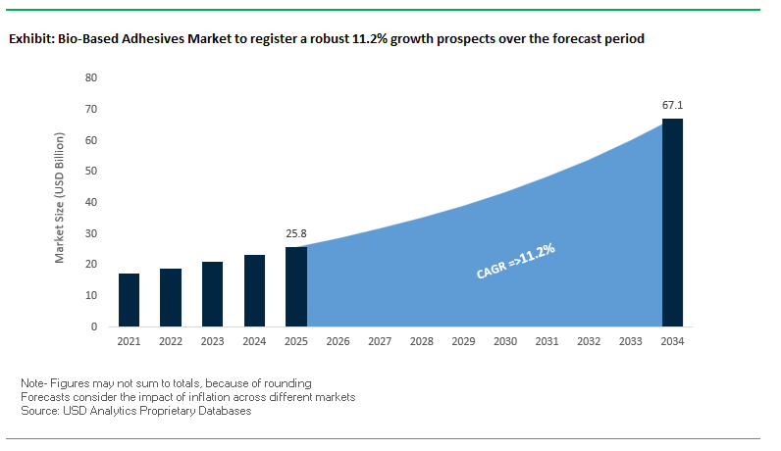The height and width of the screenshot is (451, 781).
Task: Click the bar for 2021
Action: pyautogui.click(x=129, y=300)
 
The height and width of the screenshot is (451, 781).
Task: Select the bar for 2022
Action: pyautogui.click(x=171, y=297)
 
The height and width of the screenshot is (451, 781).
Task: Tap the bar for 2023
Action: pyautogui.click(x=212, y=294)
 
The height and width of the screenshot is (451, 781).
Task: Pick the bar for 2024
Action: pyautogui.click(x=254, y=290)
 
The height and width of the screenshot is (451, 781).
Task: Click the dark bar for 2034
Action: pyautogui.click(x=672, y=223)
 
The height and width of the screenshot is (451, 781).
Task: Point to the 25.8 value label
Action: pyautogui.click(x=296, y=234)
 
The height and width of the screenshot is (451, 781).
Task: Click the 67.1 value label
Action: pyautogui.click(x=672, y=105)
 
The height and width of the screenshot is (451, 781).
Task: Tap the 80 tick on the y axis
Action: pyautogui.click(x=91, y=77)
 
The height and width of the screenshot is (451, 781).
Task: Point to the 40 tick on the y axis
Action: pyautogui.click(x=91, y=202)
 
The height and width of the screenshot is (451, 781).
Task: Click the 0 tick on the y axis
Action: pyautogui.click(x=94, y=326)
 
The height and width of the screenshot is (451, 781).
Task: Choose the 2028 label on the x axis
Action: pyautogui.click(x=422, y=341)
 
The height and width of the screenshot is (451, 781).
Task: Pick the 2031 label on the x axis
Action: pyautogui.click(x=547, y=341)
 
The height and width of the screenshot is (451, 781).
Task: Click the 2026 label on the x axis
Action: pyautogui.click(x=338, y=341)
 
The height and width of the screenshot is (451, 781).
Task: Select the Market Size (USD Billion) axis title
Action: pyautogui.click(x=60, y=202)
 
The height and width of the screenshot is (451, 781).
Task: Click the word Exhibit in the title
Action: pyautogui.click(x=29, y=40)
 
